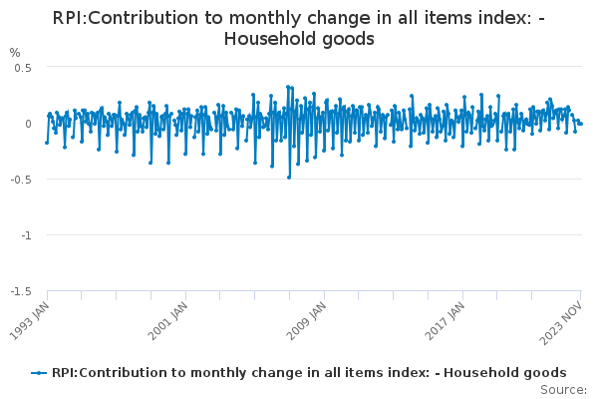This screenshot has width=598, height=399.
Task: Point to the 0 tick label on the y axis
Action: pos(29,124)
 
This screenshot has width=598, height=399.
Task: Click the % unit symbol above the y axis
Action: pos(14,52)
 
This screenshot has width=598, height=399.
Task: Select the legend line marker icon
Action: pos(39,372)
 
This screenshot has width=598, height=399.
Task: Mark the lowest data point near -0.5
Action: pos(289,177)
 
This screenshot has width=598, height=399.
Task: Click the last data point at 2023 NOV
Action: pos(581,124)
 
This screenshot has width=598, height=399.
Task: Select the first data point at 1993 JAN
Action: pos(47,142)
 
